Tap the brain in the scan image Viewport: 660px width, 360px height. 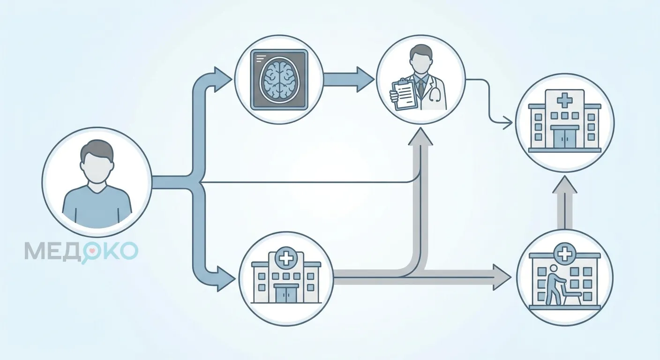pos(279,80)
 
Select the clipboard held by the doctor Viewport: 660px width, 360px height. pos(404,94)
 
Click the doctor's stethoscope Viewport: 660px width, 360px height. pos(435,91)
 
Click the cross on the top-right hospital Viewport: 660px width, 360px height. pos(564,100)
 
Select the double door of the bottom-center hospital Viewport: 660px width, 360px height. pos(285,293)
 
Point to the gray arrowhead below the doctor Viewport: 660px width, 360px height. pos(420,137)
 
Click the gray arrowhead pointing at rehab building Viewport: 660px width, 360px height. pos(502,277)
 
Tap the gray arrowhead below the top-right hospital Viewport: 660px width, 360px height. pos(564,185)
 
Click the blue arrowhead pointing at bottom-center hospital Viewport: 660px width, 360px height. pos(225,278)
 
